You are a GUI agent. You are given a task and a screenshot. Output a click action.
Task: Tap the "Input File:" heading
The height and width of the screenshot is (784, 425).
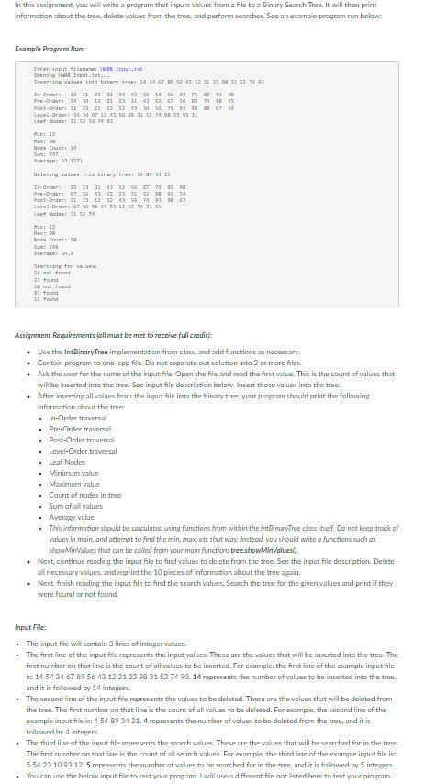tap(29, 628)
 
